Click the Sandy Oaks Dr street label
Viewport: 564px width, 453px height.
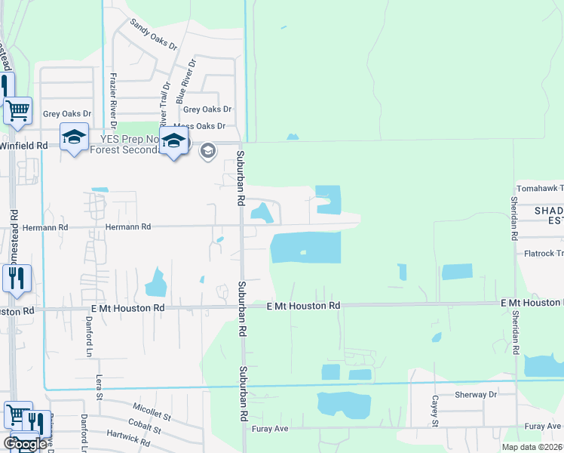[x=153, y=35]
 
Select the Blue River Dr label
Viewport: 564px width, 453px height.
[x=186, y=82]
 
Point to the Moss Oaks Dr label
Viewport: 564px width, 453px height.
[x=200, y=126]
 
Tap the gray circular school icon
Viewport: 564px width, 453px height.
[x=207, y=152]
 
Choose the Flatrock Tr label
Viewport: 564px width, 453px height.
[x=544, y=254]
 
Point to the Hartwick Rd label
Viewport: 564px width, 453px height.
[x=130, y=435]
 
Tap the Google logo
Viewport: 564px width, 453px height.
[x=25, y=443]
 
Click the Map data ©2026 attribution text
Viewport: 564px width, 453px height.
[x=532, y=447]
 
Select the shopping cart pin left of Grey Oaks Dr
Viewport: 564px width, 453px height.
[x=18, y=110]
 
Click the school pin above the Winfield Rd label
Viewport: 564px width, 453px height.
[x=75, y=137]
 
